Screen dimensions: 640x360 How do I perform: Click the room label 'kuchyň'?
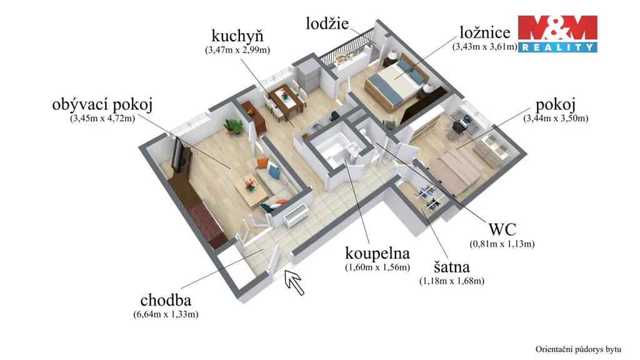tap(237, 36)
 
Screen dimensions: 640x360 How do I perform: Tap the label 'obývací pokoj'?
tap(102, 105)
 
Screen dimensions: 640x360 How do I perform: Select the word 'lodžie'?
tap(327, 23)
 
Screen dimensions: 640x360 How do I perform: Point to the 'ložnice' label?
tap(485, 32)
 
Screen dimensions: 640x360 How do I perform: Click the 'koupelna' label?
tap(377, 254)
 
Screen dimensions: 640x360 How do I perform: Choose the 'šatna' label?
tap(451, 267)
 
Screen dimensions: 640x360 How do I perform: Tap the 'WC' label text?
tap(502, 229)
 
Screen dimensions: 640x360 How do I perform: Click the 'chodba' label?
tap(166, 301)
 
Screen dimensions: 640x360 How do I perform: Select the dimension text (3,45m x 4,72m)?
tap(102, 119)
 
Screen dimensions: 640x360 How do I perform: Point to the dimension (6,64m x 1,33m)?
tap(166, 314)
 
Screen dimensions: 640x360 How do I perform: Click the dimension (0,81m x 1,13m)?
tap(502, 244)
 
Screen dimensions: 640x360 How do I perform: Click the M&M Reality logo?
tap(557, 34)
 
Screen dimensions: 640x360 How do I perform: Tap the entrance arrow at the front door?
tap(294, 282)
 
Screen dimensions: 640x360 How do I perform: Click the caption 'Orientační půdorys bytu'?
tap(578, 349)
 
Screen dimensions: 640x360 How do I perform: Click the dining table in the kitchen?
tap(286, 99)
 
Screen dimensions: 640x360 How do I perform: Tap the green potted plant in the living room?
tap(233, 126)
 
